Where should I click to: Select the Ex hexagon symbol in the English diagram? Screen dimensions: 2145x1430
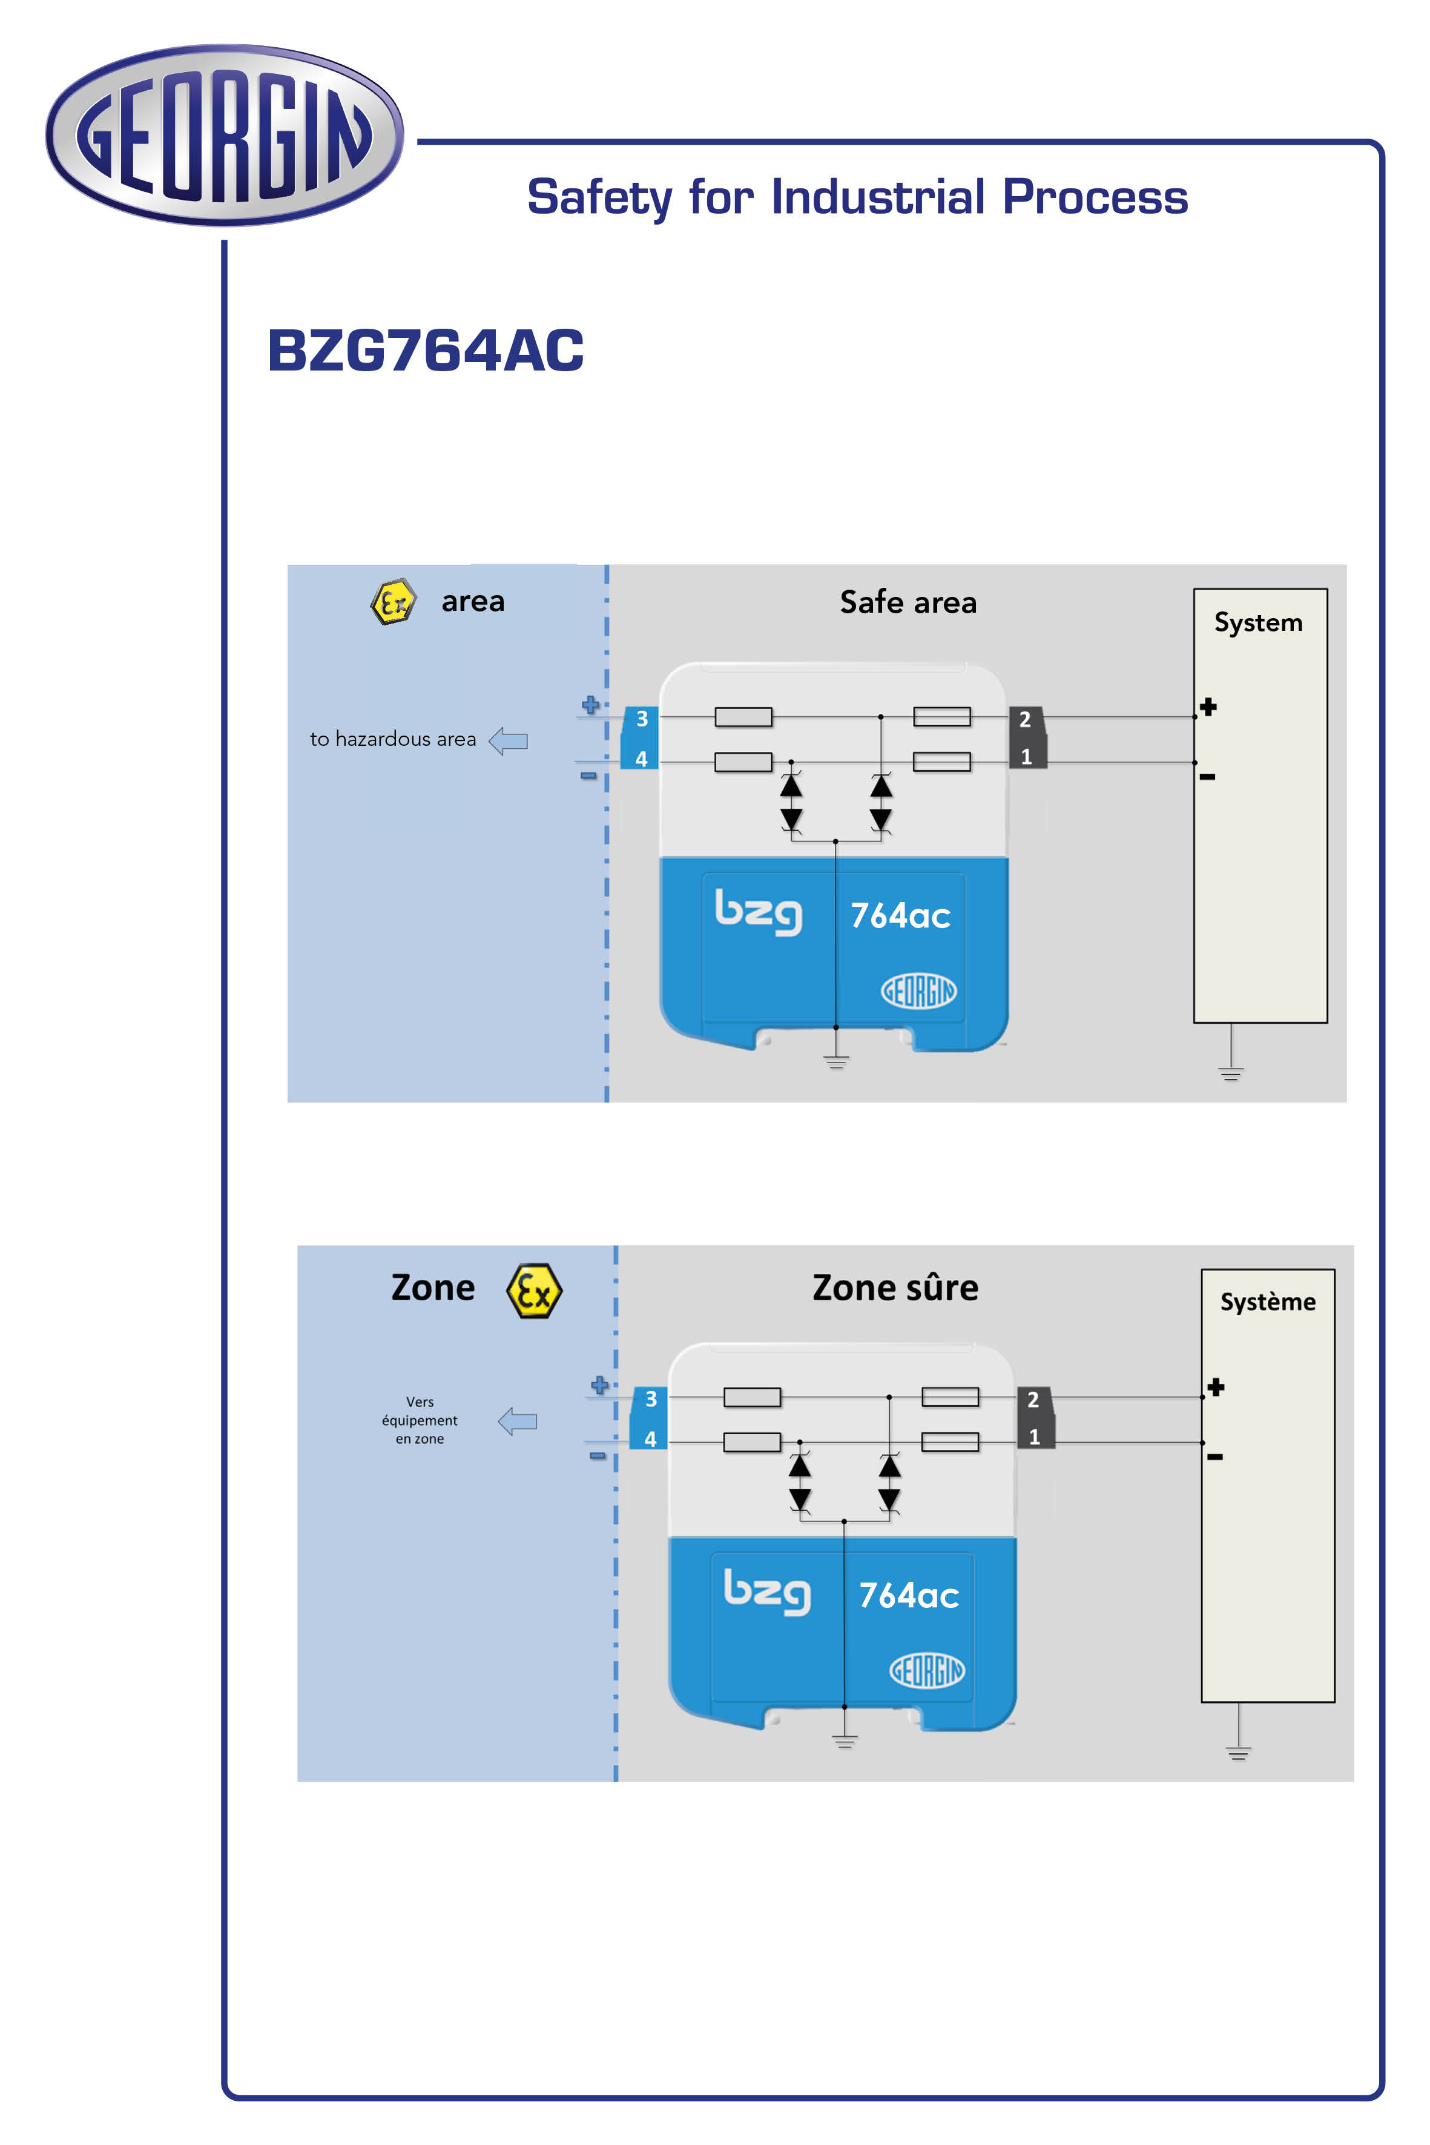(x=393, y=602)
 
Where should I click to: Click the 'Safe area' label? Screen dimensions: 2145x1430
(x=908, y=602)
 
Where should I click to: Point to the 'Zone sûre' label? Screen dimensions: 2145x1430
(x=895, y=1288)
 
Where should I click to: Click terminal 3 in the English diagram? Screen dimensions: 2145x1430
(x=642, y=719)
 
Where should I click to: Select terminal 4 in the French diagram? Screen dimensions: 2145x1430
(x=650, y=1439)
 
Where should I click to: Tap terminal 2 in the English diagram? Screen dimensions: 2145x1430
(x=1025, y=720)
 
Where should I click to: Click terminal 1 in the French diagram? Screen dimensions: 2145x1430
(x=1034, y=1437)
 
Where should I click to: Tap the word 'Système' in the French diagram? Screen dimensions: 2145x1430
(x=1268, y=1302)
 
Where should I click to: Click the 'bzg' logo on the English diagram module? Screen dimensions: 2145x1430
(x=758, y=912)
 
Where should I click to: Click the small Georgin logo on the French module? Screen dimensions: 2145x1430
(x=926, y=1670)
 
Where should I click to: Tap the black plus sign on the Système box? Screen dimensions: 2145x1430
(x=1216, y=1387)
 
